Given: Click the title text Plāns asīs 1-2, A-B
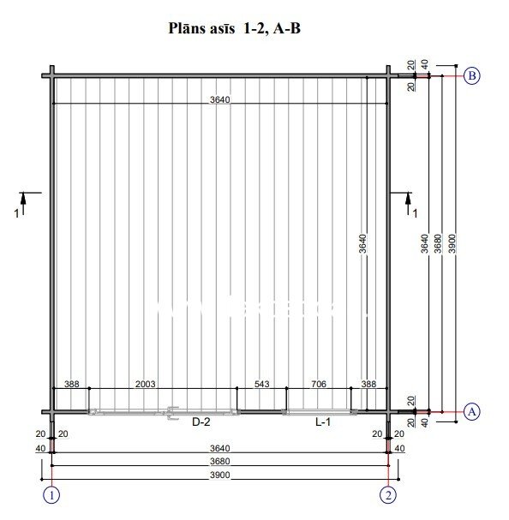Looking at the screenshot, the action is pyautogui.click(x=234, y=28).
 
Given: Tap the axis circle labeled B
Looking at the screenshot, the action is pyautogui.click(x=471, y=76).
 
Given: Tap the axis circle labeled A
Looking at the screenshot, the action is pyautogui.click(x=471, y=412).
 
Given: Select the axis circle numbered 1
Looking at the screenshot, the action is pyautogui.click(x=51, y=495).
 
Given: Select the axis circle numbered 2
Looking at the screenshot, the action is pyautogui.click(x=388, y=495).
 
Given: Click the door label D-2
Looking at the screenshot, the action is pyautogui.click(x=201, y=421).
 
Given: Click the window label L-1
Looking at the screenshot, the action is pyautogui.click(x=323, y=421).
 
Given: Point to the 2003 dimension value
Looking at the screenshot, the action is pyautogui.click(x=146, y=384).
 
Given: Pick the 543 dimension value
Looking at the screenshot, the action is pyautogui.click(x=262, y=384).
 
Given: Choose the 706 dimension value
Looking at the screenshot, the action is pyautogui.click(x=319, y=384).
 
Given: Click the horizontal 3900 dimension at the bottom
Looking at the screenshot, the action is pyautogui.click(x=219, y=475).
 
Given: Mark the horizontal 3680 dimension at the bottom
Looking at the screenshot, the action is pyautogui.click(x=219, y=461).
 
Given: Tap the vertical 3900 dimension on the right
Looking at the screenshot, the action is pyautogui.click(x=452, y=243).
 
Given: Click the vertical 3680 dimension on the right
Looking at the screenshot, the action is pyautogui.click(x=438, y=243).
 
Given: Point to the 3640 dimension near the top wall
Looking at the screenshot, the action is pyautogui.click(x=219, y=99).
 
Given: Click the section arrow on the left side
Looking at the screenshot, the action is pyautogui.click(x=23, y=204).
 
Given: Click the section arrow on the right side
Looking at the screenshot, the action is pyautogui.click(x=408, y=204).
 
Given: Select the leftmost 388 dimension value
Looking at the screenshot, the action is pyautogui.click(x=72, y=384).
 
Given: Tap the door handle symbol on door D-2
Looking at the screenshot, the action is pyautogui.click(x=172, y=413).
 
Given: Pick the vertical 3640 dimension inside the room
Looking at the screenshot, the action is pyautogui.click(x=362, y=243).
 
